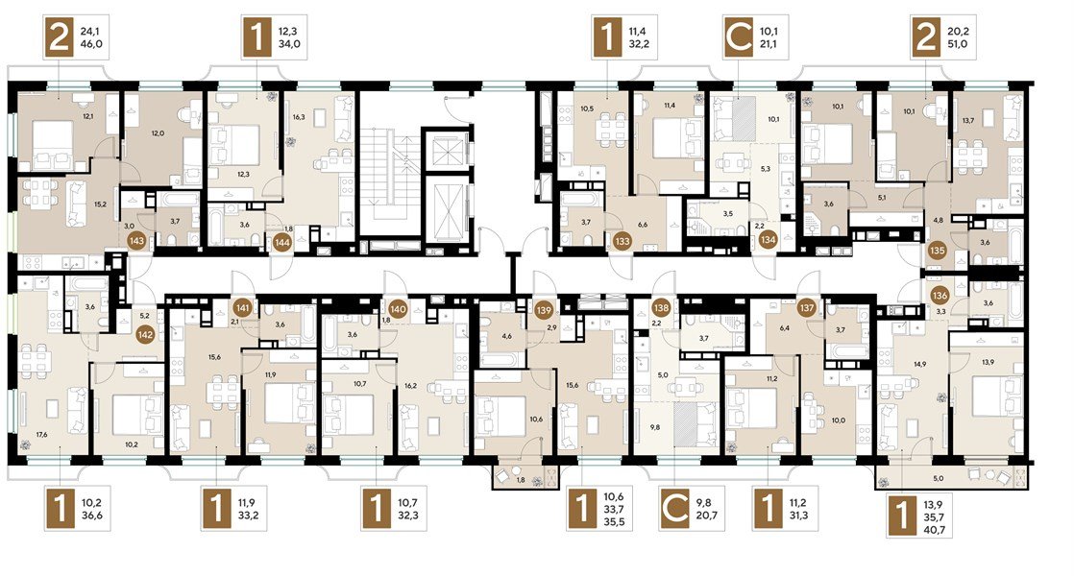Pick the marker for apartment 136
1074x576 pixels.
coord(940,295)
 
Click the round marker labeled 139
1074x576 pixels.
coord(544,309)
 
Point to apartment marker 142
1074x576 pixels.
coord(145,334)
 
